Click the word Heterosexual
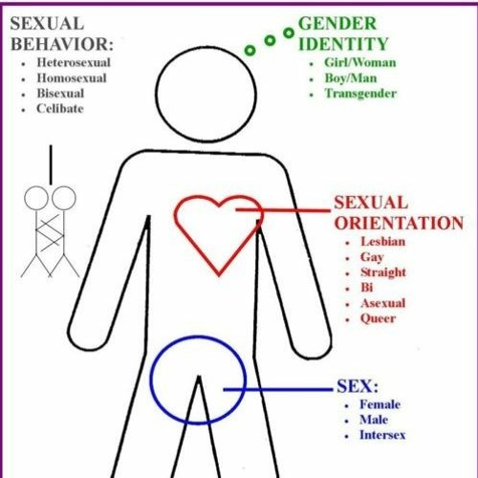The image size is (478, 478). coord(74,62)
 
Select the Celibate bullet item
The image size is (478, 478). coord(60,109)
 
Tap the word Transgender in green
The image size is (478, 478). coord(360,94)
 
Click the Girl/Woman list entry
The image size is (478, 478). coord(360,62)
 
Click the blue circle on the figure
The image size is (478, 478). coord(150,380)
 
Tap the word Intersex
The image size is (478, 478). coord(382,435)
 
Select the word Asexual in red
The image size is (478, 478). coord(383,303)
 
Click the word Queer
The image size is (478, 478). coord(379,318)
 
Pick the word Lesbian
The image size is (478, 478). coord(383,242)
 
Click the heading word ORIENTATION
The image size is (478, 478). coord(399,223)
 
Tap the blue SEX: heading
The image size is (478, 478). coord(358,386)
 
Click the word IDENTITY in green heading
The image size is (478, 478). coord(343,44)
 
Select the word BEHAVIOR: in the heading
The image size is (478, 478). coord(62,44)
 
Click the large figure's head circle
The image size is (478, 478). coord(156,94)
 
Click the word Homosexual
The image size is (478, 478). coord(72,78)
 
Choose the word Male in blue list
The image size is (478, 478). coord(374,420)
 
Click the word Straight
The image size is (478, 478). coord(383,272)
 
